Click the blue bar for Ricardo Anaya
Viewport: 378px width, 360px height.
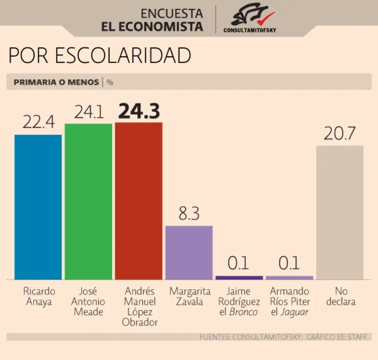point(38,207)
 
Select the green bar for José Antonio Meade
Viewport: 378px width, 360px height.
point(89,201)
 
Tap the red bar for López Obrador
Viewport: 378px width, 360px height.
point(138,201)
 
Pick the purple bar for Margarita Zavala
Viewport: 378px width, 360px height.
point(189,253)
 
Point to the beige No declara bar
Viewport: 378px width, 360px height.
point(340,212)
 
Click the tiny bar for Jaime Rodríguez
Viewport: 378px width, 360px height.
point(239,278)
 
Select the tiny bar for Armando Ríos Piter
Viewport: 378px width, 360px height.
point(289,278)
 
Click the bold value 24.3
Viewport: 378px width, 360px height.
point(139,111)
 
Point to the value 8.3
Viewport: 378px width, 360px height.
point(189,214)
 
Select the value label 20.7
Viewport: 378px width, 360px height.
point(340,133)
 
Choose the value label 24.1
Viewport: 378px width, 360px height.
point(89,113)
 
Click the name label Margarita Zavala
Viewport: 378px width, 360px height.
point(189,296)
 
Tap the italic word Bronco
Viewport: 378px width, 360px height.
point(246,312)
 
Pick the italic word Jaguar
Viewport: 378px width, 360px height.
point(296,312)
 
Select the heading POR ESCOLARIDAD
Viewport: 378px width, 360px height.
point(99,56)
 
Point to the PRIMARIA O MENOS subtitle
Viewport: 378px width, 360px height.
point(56,82)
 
